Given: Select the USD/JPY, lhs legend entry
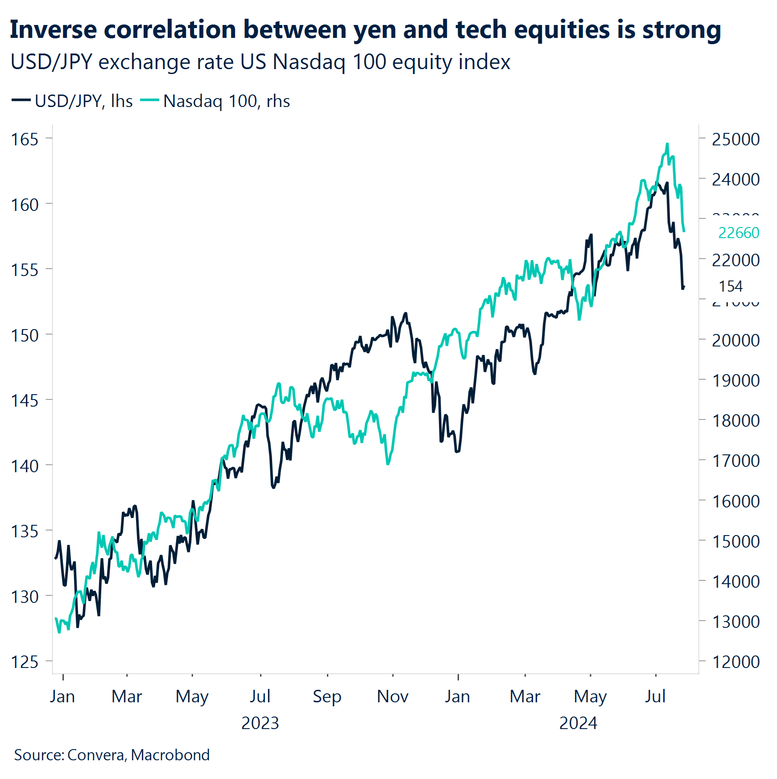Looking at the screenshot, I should [x=72, y=101].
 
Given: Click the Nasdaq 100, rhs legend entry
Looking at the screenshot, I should [x=215, y=101].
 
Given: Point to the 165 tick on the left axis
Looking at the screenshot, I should [x=25, y=140].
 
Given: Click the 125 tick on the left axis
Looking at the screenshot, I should [x=25, y=662].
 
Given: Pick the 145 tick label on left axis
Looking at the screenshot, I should [x=25, y=400].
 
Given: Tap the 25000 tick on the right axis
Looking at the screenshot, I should [x=736, y=140].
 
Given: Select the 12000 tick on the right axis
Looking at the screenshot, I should [x=736, y=662].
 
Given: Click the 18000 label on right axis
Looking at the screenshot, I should [x=736, y=420].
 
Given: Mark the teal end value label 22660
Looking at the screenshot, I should [x=739, y=233].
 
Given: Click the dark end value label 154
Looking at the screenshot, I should [x=730, y=286].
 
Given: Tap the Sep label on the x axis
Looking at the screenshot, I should [x=327, y=697].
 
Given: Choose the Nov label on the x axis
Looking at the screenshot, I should [x=393, y=697].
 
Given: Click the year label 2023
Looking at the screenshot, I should [x=260, y=723].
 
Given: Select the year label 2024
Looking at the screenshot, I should [x=578, y=723].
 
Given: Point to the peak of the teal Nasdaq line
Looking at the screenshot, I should [x=667, y=144].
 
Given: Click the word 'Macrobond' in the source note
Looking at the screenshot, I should [x=170, y=755].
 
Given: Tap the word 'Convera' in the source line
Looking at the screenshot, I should [x=96, y=755].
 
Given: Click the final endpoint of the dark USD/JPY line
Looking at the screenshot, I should [x=684, y=287].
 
